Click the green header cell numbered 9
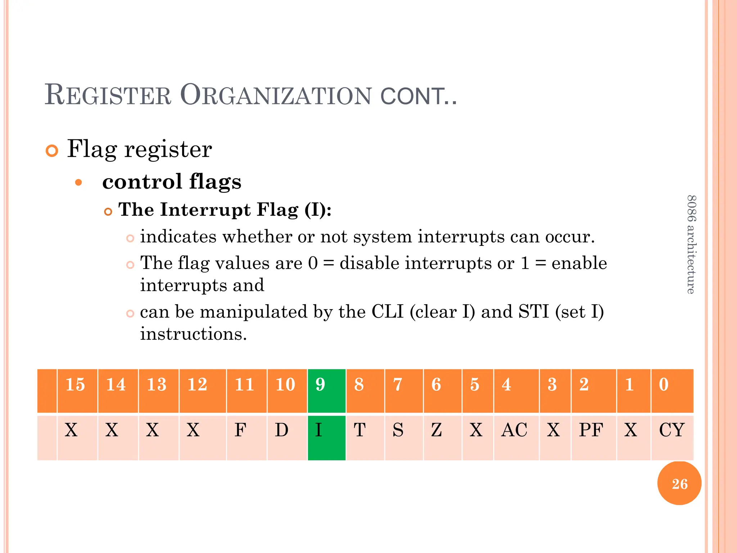pos(326,390)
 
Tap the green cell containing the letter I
pos(326,437)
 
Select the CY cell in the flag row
pos(672,437)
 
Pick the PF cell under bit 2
pos(593,437)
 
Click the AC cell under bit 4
pos(516,437)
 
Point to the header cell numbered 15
pos(77,390)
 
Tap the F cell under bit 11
pos(247,437)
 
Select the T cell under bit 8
pos(365,437)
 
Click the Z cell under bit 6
pos(442,437)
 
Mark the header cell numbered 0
pos(672,390)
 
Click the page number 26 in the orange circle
pos(679,484)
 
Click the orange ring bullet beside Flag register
pos(52,150)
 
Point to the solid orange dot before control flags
pos(78,183)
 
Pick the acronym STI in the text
pos(534,311)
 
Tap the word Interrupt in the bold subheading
pos(205,210)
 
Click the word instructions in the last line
pos(193,334)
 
